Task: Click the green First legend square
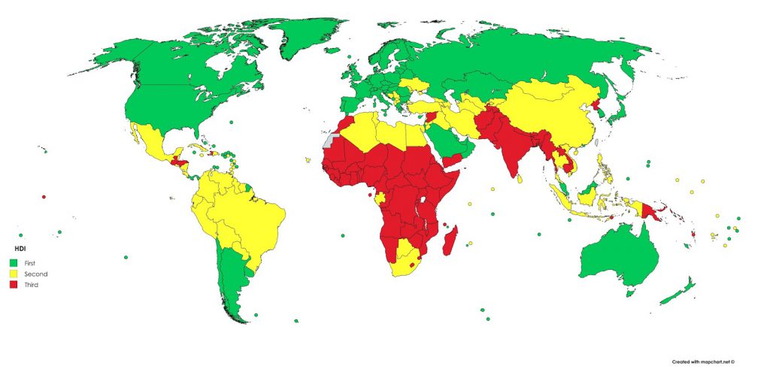(12, 262)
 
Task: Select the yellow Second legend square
(12, 274)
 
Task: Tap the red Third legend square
(12, 285)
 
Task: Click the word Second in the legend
(35, 274)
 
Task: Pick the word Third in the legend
(32, 285)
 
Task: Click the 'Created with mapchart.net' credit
(703, 361)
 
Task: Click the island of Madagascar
(451, 242)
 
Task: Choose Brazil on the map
(256, 218)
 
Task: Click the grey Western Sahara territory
(327, 141)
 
